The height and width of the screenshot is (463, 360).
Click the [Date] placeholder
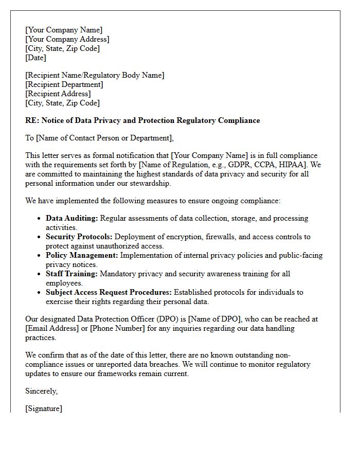(x=35, y=58)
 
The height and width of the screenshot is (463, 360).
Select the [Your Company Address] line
(x=67, y=40)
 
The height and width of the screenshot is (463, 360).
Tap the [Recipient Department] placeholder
(x=64, y=84)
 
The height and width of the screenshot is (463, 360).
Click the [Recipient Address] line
(x=58, y=94)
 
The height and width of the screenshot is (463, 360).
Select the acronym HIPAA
(x=293, y=165)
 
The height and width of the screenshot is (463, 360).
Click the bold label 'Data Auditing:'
(x=71, y=218)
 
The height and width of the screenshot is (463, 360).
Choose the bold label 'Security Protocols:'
(x=79, y=237)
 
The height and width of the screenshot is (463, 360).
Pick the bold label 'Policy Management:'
(x=82, y=255)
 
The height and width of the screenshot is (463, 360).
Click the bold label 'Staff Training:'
(x=71, y=274)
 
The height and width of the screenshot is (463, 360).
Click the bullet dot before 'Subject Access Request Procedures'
(x=39, y=292)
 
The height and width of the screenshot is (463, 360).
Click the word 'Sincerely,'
(x=42, y=391)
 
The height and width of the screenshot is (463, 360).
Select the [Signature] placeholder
(x=44, y=408)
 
